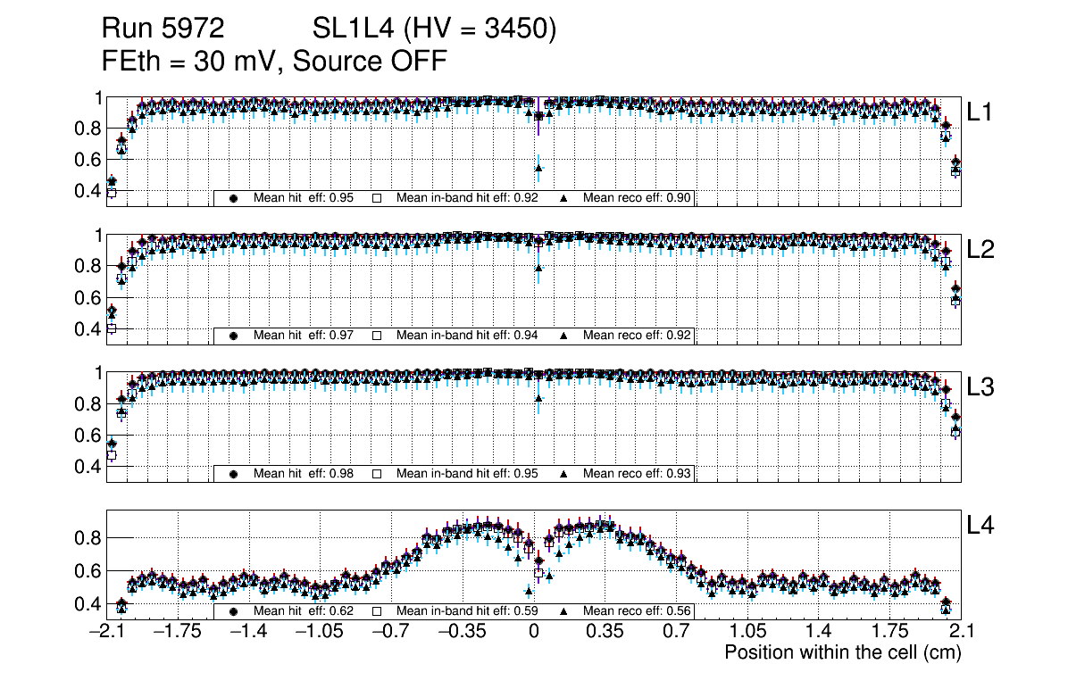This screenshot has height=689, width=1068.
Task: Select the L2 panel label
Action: (x=980, y=249)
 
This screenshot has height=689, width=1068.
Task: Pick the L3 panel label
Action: (x=980, y=387)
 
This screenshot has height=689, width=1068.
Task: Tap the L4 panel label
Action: (x=980, y=526)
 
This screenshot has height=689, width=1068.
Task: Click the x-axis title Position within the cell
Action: (x=842, y=652)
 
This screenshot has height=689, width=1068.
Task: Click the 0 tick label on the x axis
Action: (x=534, y=632)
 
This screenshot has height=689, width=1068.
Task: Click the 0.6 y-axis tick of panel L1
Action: (x=86, y=160)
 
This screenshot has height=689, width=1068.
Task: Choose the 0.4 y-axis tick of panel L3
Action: (x=86, y=467)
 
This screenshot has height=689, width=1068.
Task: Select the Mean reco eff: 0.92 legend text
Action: (x=638, y=336)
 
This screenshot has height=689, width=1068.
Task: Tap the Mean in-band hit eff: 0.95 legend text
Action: (x=466, y=474)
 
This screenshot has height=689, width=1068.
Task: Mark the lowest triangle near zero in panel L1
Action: (x=538, y=168)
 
